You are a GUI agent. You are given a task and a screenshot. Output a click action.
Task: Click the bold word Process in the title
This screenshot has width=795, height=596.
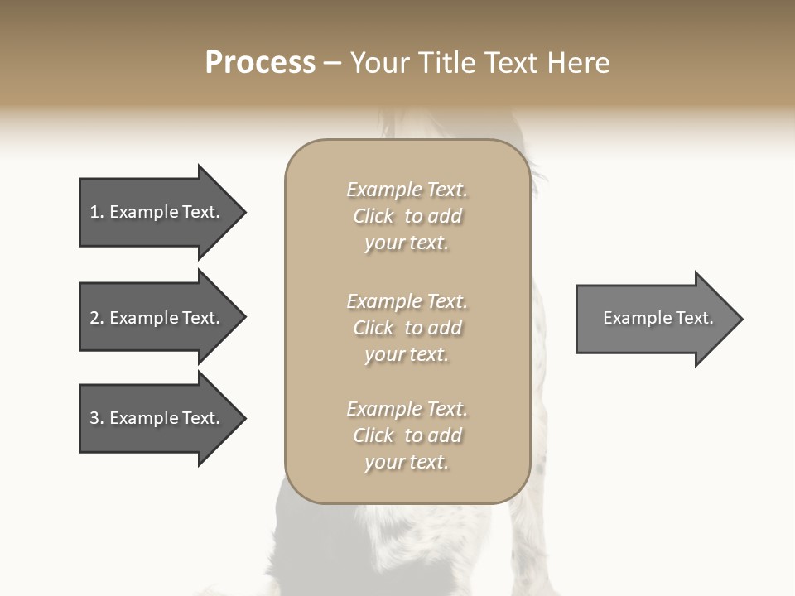(x=260, y=63)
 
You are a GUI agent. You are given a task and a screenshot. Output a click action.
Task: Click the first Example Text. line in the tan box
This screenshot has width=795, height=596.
(x=407, y=190)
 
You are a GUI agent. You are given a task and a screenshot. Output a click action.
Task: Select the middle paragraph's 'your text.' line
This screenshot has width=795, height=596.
(x=407, y=354)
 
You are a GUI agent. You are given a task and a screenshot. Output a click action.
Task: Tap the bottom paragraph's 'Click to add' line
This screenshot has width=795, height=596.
(x=407, y=435)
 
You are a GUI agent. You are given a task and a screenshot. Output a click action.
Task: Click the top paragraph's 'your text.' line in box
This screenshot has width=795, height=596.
(x=407, y=243)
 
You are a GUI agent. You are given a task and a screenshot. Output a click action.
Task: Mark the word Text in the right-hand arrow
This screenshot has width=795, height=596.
(x=696, y=318)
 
